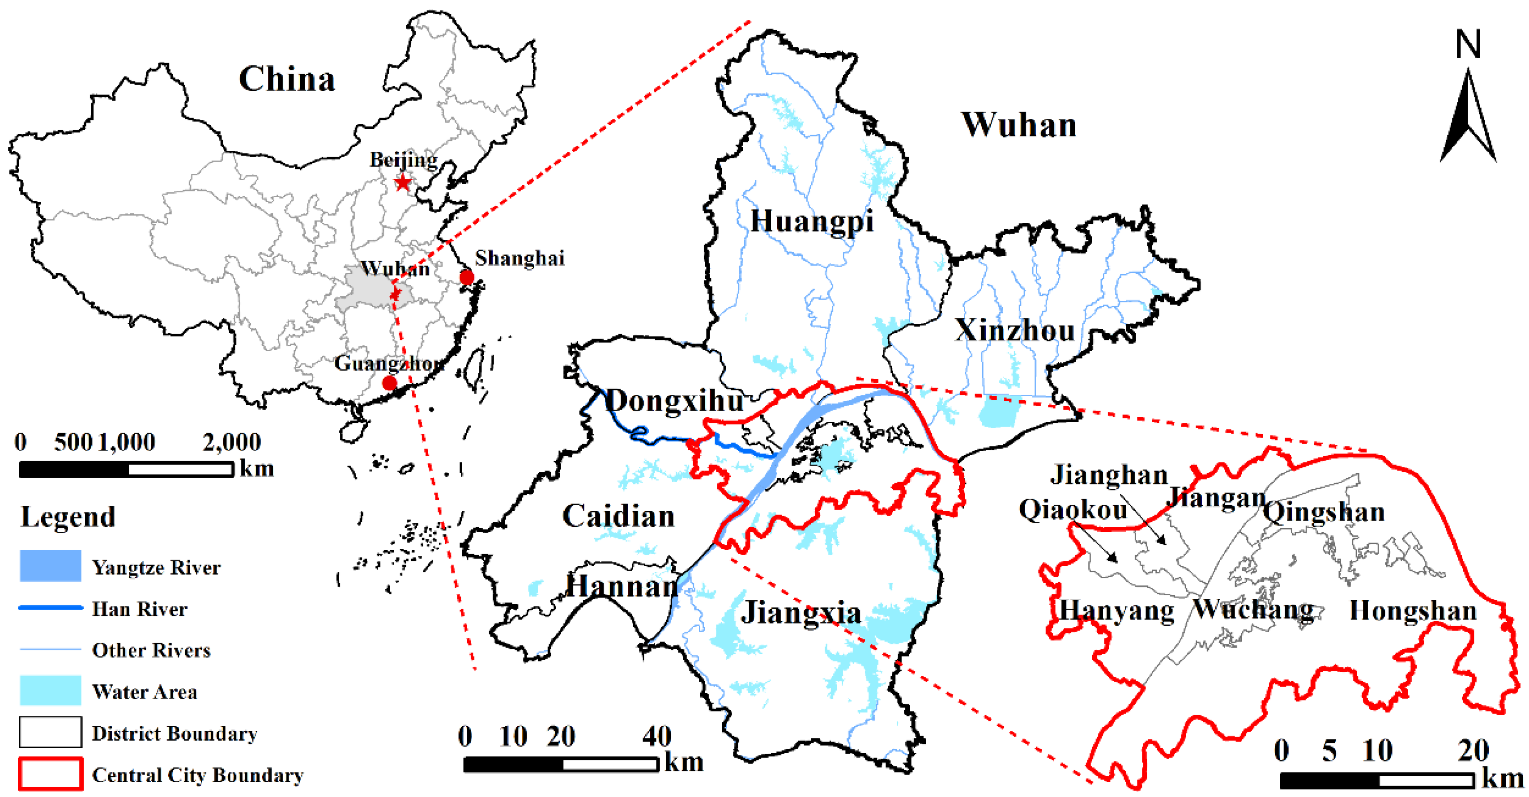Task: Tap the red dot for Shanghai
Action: pyautogui.click(x=467, y=277)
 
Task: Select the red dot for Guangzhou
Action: pyautogui.click(x=389, y=383)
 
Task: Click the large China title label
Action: pyautogui.click(x=287, y=79)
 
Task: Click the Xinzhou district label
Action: pyautogui.click(x=1014, y=330)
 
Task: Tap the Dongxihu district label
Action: pyautogui.click(x=675, y=401)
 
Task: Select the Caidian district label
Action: pyautogui.click(x=618, y=515)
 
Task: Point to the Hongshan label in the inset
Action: pyautogui.click(x=1413, y=610)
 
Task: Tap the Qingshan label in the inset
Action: pyautogui.click(x=1324, y=512)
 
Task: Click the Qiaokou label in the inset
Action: pyautogui.click(x=1073, y=510)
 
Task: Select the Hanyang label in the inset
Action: pyautogui.click(x=1116, y=610)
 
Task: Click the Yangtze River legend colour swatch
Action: pyautogui.click(x=51, y=566)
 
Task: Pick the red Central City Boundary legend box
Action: pyautogui.click(x=51, y=773)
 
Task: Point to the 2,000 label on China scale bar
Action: pyautogui.click(x=231, y=442)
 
